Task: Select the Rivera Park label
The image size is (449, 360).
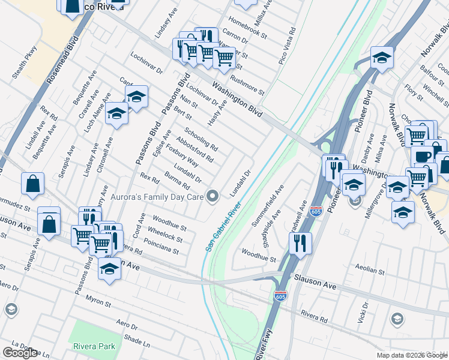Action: click(x=94, y=346)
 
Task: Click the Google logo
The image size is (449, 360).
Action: click(x=20, y=353)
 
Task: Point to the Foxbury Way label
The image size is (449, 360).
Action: click(x=182, y=155)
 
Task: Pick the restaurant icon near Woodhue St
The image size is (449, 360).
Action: click(x=298, y=243)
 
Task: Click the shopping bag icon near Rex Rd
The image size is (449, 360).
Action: click(x=32, y=184)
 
